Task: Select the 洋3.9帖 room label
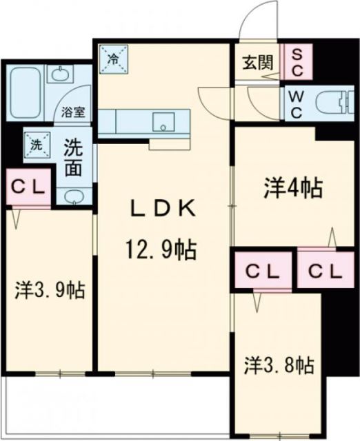tap(50, 291)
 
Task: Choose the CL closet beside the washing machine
tap(28, 187)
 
